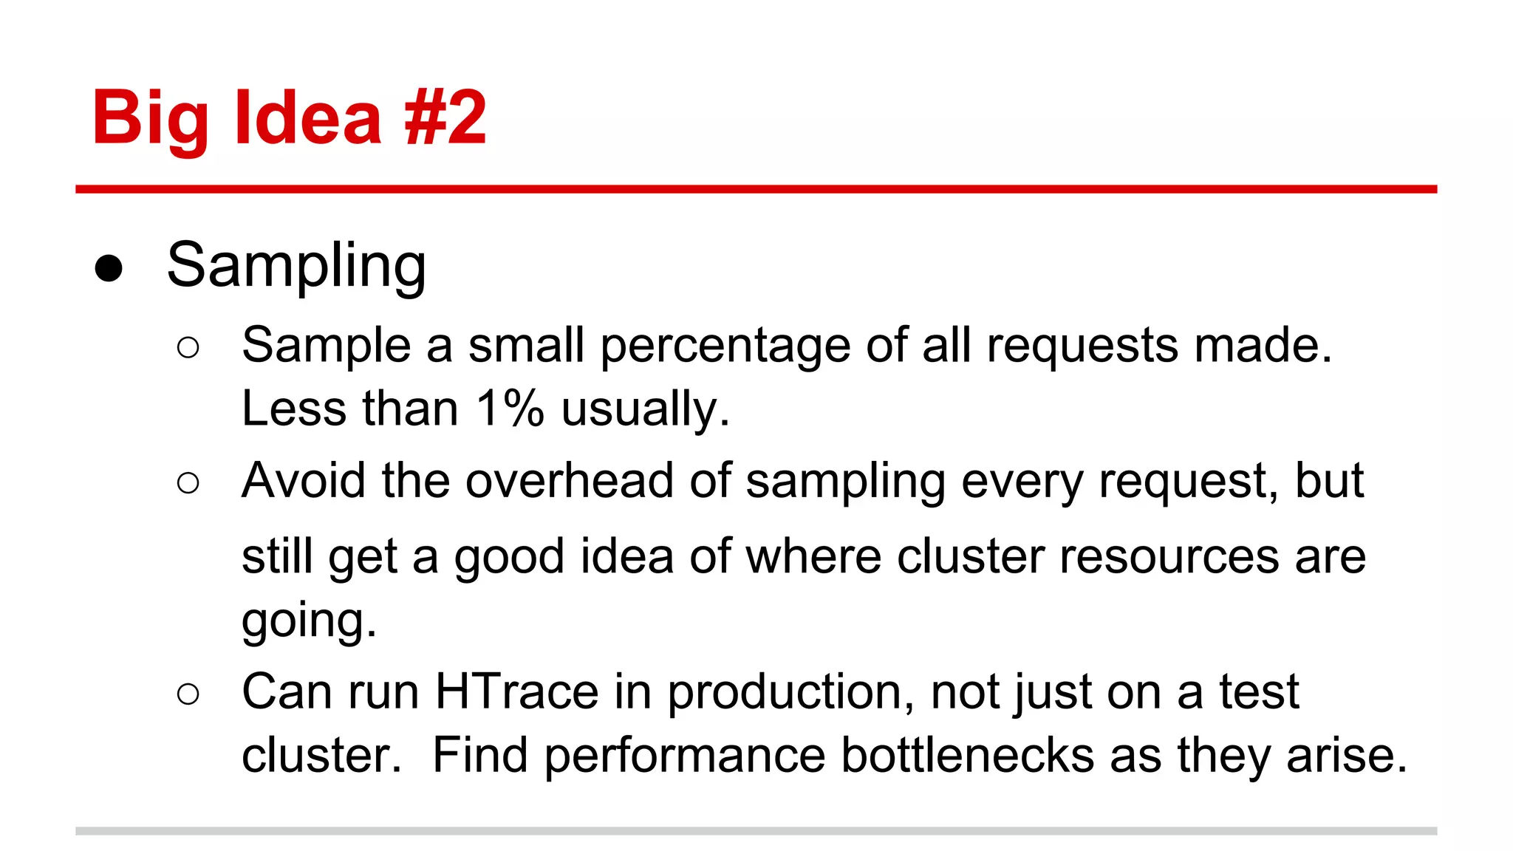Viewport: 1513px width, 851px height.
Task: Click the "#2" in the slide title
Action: (445, 117)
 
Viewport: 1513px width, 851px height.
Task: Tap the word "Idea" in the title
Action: (308, 117)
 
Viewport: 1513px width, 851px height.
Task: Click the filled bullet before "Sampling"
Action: (109, 268)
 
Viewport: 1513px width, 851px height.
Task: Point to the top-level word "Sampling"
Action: (296, 267)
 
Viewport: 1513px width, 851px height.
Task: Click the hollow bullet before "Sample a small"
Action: (188, 347)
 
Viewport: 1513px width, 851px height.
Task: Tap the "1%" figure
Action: (510, 409)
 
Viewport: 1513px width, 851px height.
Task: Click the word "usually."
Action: (645, 410)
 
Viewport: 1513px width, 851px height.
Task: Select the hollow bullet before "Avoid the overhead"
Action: (188, 483)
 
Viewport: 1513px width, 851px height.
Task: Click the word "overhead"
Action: (570, 481)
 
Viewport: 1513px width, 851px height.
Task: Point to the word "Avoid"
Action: (304, 481)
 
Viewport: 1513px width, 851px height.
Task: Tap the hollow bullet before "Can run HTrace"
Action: (188, 694)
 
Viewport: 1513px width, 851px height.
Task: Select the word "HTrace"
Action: (516, 692)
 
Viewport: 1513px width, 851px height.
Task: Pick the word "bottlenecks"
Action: (968, 756)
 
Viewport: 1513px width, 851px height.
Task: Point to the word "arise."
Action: (1347, 756)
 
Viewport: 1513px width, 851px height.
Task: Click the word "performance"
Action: (685, 757)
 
